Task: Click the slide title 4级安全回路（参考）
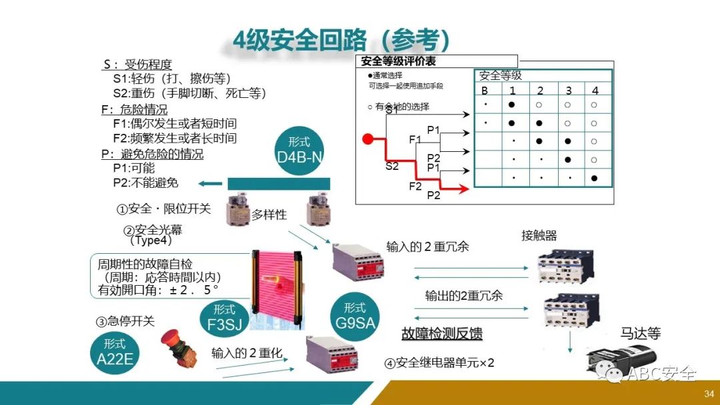pos(341,39)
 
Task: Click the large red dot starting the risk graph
pos(367,139)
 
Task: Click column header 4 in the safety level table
pos(594,91)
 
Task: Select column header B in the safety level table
pos(485,91)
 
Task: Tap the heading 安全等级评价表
pos(399,62)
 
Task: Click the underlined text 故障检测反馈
pos(441,334)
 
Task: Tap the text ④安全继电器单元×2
pos(439,363)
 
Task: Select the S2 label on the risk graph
pos(392,166)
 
